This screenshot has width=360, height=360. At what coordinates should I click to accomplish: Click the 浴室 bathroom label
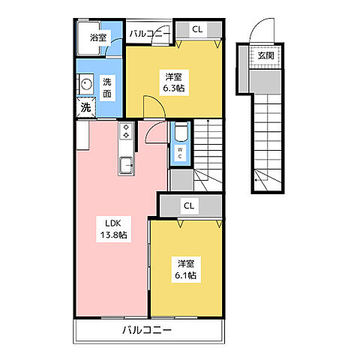point(98,37)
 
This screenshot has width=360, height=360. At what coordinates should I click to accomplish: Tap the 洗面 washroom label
point(107,88)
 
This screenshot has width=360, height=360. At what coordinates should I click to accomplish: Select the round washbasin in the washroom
point(86,83)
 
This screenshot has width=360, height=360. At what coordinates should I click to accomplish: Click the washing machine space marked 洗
point(85,107)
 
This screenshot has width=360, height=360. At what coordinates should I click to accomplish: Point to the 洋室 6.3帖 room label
point(174,82)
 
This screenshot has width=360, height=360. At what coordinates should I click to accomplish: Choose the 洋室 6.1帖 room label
point(186,269)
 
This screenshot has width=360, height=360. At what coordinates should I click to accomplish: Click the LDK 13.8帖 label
point(114,229)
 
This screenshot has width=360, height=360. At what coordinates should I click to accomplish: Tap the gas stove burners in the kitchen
point(126,131)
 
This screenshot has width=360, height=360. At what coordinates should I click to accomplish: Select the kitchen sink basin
point(126,165)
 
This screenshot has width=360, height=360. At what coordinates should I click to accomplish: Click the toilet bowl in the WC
point(181,133)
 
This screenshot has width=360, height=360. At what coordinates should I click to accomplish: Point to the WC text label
point(180,153)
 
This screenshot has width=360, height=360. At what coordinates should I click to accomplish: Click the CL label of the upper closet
point(197,29)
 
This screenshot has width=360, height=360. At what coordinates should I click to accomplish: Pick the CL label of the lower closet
point(189,205)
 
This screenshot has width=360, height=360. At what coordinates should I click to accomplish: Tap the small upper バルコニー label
point(149,34)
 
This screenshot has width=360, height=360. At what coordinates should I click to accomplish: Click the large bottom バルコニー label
point(147,330)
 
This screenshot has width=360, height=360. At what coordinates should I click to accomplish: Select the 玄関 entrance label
point(266,55)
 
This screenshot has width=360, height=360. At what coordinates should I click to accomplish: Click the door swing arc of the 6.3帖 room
point(160,102)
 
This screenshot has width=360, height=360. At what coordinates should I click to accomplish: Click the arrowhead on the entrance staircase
point(256,179)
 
